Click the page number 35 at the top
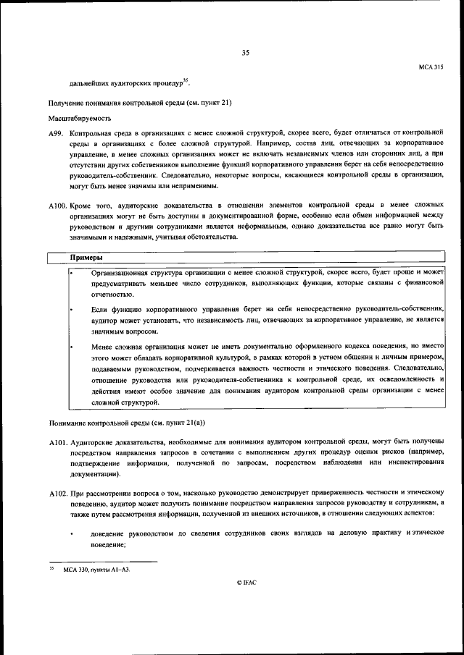pyautogui.click(x=245, y=52)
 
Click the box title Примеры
pyautogui.click(x=86, y=258)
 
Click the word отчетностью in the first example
pyautogui.click(x=112, y=294)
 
